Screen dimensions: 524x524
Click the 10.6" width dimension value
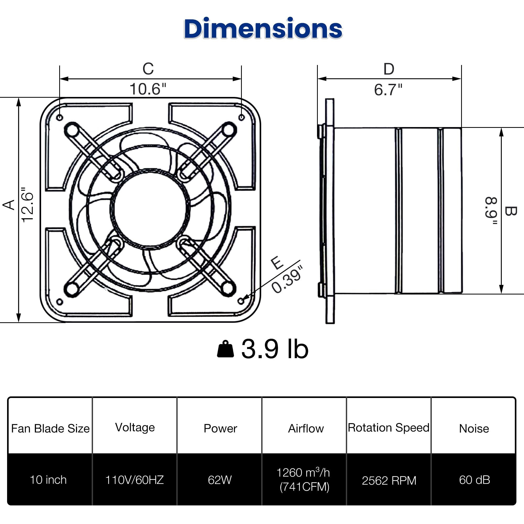[148, 89]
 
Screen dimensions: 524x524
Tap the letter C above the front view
[148, 69]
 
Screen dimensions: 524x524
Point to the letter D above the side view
[389, 69]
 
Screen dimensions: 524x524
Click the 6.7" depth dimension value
[388, 90]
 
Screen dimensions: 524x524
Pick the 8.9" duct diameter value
[491, 211]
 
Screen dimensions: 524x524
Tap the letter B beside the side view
[510, 211]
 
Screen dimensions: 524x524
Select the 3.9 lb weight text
[275, 349]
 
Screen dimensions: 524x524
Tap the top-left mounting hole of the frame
[60, 117]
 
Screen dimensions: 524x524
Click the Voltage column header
[135, 427]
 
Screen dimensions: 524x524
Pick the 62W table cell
[220, 480]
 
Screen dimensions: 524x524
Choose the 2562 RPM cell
[389, 481]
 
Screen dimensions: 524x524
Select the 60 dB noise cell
[474, 480]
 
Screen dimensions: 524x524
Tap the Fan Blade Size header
[50, 429]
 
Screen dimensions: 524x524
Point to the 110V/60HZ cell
[134, 480]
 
